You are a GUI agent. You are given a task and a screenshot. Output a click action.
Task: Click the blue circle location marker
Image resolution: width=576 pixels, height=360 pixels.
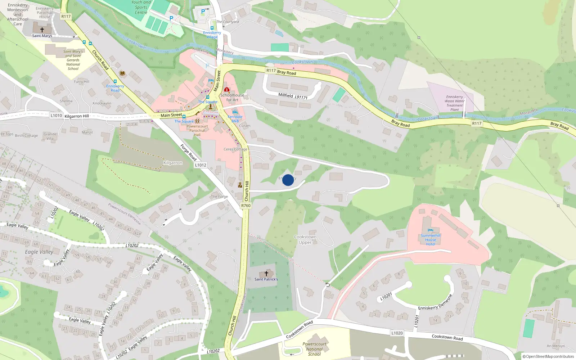[x=288, y=180]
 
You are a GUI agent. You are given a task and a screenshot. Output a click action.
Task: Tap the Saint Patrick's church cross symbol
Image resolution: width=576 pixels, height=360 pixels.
[x=266, y=274]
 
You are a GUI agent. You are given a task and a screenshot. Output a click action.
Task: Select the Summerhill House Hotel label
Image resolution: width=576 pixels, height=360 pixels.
[x=431, y=240]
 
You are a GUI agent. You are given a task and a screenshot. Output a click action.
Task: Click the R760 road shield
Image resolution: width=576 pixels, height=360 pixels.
[x=246, y=206]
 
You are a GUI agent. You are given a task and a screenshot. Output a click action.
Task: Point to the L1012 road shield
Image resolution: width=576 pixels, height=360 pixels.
[x=201, y=165]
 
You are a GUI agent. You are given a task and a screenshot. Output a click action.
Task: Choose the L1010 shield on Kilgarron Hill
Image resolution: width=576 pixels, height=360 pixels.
[x=56, y=116]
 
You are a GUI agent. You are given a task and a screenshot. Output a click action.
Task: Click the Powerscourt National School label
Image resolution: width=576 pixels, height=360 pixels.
[x=314, y=349]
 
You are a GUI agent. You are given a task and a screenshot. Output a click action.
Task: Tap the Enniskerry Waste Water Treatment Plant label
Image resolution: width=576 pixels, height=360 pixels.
[x=455, y=103]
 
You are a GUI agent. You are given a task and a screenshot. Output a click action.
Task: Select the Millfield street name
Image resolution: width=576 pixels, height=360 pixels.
[x=285, y=95]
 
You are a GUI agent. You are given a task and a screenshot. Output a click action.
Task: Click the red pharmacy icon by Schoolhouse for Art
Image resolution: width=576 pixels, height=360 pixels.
[x=227, y=89]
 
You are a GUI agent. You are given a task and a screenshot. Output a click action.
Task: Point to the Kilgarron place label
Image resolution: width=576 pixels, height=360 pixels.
[x=173, y=163]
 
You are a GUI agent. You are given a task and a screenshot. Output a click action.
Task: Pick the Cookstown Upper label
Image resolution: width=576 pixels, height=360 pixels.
[x=305, y=240]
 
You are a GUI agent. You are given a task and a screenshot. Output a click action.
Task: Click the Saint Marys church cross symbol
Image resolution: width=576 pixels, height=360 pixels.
[x=42, y=30]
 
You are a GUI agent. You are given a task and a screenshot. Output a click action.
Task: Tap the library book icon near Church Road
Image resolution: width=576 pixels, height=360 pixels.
[x=122, y=73]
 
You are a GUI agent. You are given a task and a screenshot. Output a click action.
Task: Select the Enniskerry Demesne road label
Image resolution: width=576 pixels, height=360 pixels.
[x=435, y=303]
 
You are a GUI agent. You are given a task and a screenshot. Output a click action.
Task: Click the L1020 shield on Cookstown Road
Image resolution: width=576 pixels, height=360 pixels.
[x=397, y=333]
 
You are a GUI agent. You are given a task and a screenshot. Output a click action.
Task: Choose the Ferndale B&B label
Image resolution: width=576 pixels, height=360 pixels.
[x=235, y=119]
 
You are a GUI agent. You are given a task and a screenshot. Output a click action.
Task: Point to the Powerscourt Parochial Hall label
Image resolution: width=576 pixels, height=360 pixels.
[x=197, y=130]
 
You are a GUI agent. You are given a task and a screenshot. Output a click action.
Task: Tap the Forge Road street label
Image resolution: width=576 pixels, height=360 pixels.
[x=188, y=152]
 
